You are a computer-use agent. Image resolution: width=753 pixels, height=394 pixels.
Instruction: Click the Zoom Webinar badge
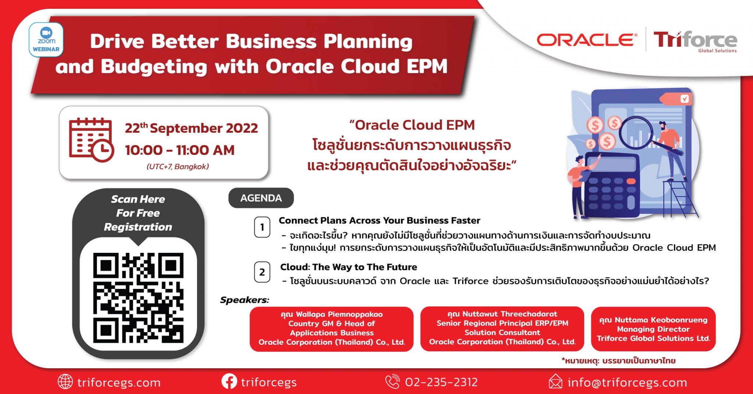(x=46, y=40)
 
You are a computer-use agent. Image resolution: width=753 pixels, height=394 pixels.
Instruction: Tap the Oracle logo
(x=587, y=40)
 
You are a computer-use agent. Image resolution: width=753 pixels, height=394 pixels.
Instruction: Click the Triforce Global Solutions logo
(x=695, y=42)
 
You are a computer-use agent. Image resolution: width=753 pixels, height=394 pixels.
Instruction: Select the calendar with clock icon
(x=92, y=140)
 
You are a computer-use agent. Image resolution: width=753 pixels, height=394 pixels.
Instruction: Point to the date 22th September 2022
(x=191, y=128)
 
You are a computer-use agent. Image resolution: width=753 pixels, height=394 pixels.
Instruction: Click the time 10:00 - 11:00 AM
(x=179, y=150)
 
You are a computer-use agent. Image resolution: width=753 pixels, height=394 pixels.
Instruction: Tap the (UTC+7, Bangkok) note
(x=178, y=166)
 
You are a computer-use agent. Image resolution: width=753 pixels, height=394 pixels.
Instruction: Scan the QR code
(x=138, y=298)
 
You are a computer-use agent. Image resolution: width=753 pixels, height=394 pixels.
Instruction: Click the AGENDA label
(x=261, y=198)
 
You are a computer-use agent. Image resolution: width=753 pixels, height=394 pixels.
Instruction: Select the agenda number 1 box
(x=262, y=227)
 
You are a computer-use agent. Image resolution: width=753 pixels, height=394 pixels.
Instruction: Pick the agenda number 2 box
(x=262, y=272)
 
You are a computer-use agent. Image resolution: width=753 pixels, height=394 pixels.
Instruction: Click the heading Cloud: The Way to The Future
(x=349, y=267)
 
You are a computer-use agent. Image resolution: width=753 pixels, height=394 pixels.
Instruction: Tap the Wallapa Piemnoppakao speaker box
(x=332, y=329)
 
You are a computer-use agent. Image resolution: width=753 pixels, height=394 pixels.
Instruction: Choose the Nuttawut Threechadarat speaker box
(x=502, y=329)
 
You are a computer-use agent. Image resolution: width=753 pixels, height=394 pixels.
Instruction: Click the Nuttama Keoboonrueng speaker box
(x=653, y=329)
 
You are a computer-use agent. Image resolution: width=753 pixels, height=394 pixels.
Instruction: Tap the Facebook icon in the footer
(x=229, y=382)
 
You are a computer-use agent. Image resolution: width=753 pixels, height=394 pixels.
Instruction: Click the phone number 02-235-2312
(x=441, y=382)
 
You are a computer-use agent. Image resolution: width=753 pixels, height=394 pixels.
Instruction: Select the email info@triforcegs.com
(x=627, y=383)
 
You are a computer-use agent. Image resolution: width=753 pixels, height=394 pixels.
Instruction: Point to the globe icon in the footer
(x=65, y=382)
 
